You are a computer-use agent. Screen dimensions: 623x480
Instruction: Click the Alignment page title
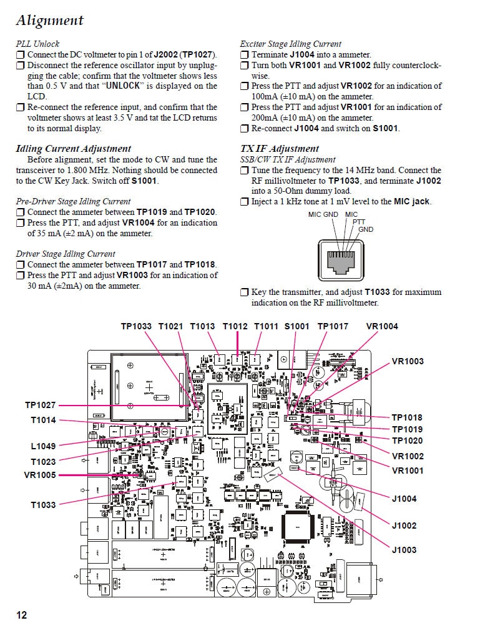pos(49,20)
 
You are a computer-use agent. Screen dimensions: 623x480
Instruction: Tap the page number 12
pos(21,614)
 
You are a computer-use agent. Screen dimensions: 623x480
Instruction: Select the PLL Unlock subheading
pos(37,44)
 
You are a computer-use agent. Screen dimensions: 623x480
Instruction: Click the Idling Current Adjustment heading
pos(73,149)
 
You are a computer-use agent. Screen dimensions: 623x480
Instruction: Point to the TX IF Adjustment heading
pos(279,149)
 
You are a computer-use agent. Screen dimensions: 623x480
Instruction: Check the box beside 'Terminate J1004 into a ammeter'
pos(245,55)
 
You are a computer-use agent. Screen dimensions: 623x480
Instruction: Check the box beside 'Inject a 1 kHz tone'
pos(245,202)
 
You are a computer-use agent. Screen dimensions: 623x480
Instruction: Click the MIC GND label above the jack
pos(323,215)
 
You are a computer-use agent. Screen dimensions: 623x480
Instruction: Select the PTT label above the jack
pos(359,222)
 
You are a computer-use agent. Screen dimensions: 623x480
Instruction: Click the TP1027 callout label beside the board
pos(40,406)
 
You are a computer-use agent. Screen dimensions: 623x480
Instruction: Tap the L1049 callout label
pos(43,446)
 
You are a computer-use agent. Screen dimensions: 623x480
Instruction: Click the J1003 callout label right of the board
pos(404,550)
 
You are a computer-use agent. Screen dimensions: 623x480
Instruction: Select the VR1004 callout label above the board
pos(381,326)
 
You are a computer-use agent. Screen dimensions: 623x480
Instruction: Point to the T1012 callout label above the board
pos(235,326)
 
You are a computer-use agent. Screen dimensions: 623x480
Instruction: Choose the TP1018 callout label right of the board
pos(407,417)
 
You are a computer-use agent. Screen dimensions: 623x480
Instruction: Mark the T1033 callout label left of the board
pos(43,505)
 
